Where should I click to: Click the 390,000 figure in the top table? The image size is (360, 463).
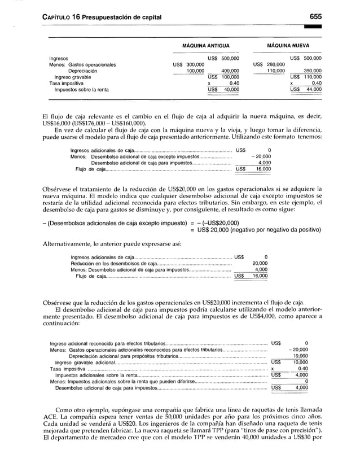[x=313, y=71]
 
